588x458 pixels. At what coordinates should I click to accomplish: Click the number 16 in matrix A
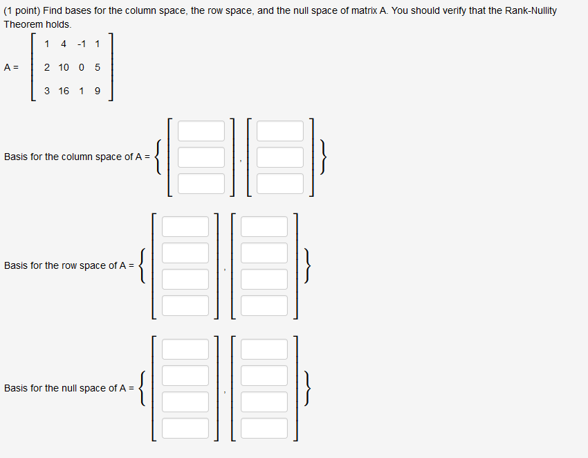[x=64, y=91]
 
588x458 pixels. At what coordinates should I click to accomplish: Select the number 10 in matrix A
[x=64, y=67]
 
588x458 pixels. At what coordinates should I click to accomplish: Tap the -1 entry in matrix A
[x=82, y=44]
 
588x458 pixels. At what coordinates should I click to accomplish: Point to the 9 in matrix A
[x=97, y=91]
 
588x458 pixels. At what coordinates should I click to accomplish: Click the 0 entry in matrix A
[x=82, y=67]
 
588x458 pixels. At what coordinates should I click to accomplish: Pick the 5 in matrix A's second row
[x=97, y=67]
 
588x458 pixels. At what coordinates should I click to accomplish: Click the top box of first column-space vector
[x=201, y=131]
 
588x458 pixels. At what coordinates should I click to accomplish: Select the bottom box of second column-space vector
[x=280, y=184]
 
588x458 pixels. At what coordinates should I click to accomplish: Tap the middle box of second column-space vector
[x=280, y=157]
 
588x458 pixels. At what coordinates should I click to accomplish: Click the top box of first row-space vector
[x=185, y=227]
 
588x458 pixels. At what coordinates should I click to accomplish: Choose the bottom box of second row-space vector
[x=264, y=306]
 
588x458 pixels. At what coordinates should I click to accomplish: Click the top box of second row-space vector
[x=264, y=227]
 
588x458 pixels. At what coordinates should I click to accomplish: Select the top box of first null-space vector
[x=185, y=349]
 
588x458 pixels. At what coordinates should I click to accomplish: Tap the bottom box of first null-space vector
[x=185, y=428]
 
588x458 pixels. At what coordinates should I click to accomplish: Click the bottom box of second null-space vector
[x=264, y=428]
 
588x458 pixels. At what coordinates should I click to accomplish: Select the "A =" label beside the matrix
[x=12, y=67]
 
